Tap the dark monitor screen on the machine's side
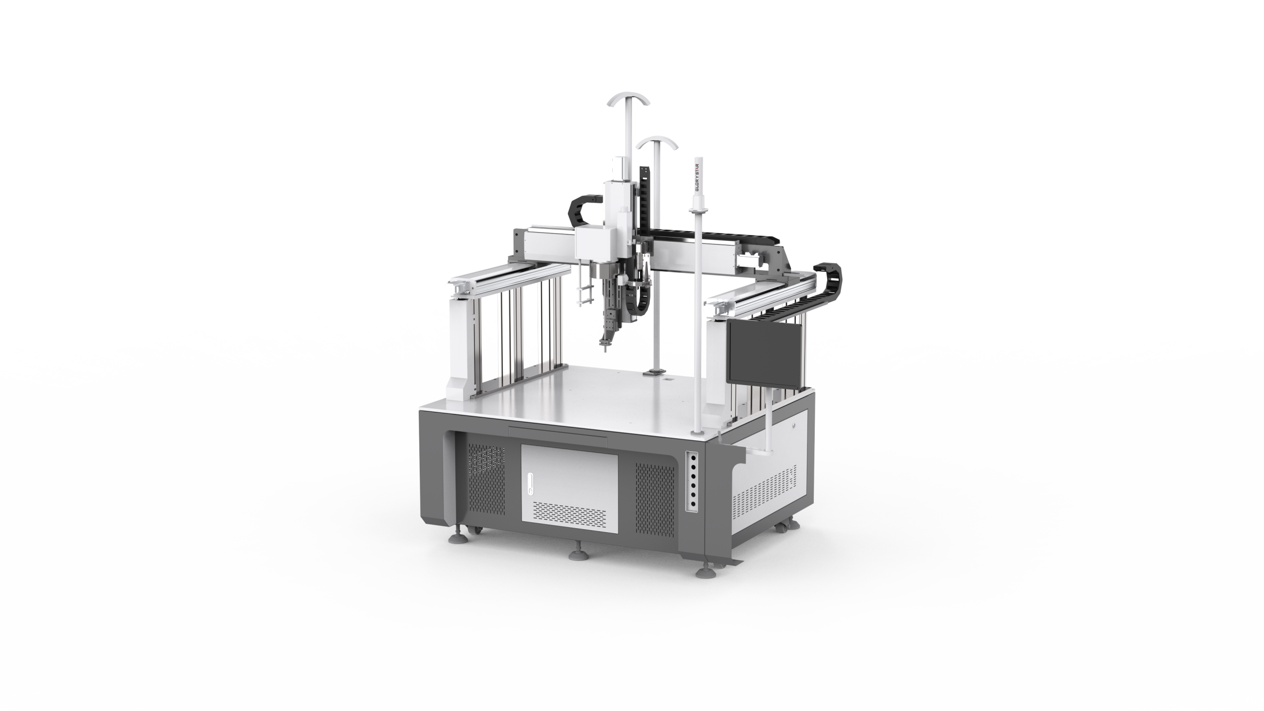point(765,351)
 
